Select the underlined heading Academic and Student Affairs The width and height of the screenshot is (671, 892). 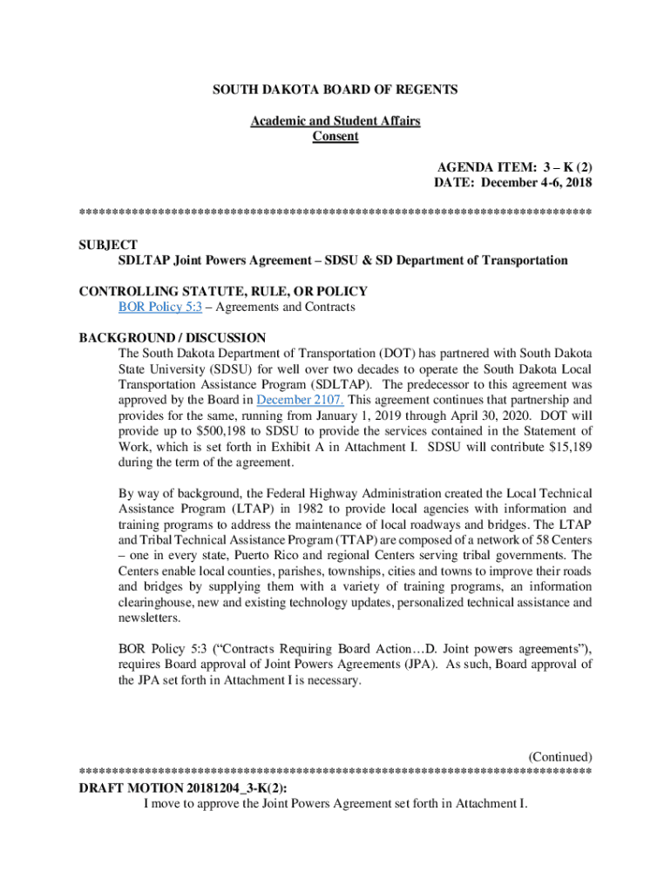coord(335,121)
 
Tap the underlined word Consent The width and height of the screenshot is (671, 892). coord(335,137)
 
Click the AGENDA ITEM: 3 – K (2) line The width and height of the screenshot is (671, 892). coord(514,167)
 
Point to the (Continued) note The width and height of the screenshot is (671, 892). coord(560,756)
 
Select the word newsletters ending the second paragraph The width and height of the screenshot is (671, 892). coord(149,618)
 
